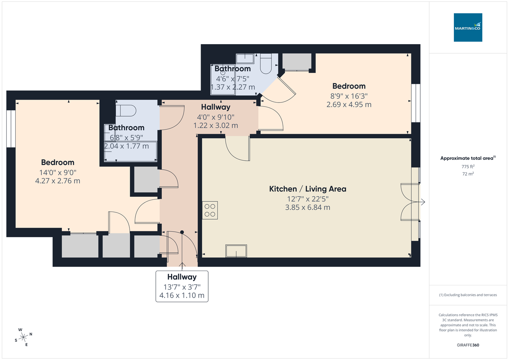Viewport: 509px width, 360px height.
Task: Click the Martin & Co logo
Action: [468, 28]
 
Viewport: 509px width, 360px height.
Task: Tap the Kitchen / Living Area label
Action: [308, 189]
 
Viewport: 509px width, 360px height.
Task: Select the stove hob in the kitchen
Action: [210, 210]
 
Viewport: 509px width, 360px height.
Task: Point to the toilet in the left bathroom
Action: [126, 110]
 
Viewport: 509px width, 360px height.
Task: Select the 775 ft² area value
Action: [468, 167]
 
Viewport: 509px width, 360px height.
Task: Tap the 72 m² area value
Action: [468, 174]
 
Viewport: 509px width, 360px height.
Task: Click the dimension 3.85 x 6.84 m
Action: [308, 207]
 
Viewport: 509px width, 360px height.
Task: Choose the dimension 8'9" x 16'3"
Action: [349, 95]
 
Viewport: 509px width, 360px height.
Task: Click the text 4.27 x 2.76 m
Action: [58, 181]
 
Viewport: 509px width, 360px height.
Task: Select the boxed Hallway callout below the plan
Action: [182, 286]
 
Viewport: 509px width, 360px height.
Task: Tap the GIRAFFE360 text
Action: [468, 345]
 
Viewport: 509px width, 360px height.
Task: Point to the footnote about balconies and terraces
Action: [468, 295]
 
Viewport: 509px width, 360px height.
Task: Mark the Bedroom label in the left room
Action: [58, 162]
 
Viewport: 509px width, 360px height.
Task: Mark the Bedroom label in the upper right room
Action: [349, 86]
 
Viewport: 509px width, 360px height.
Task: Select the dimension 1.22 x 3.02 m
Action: [215, 126]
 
